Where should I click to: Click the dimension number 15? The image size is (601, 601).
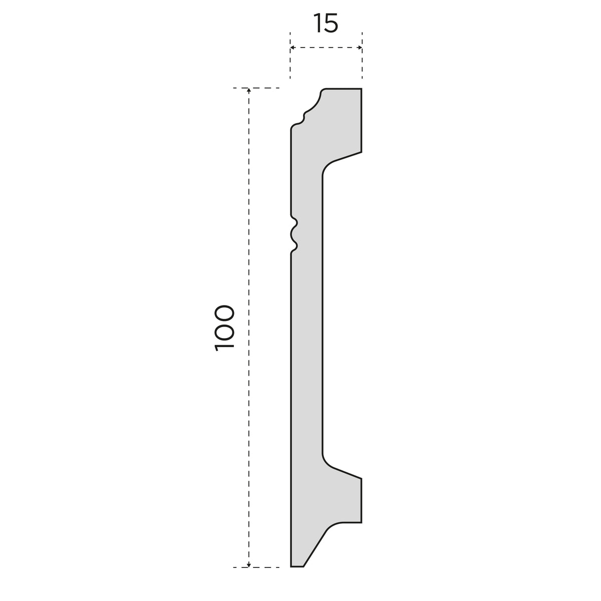coord(326,23)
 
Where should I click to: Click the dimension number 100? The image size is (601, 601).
coord(224,328)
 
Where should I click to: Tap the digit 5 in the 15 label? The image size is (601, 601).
coord(330,24)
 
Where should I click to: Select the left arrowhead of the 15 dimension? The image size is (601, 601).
coord(292,48)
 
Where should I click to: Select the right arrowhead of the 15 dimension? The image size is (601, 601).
coord(360,48)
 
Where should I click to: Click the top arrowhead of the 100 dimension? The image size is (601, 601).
coord(248,91)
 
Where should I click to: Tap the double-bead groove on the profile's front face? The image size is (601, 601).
coord(294,234)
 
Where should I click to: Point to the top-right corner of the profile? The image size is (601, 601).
coord(362,89)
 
